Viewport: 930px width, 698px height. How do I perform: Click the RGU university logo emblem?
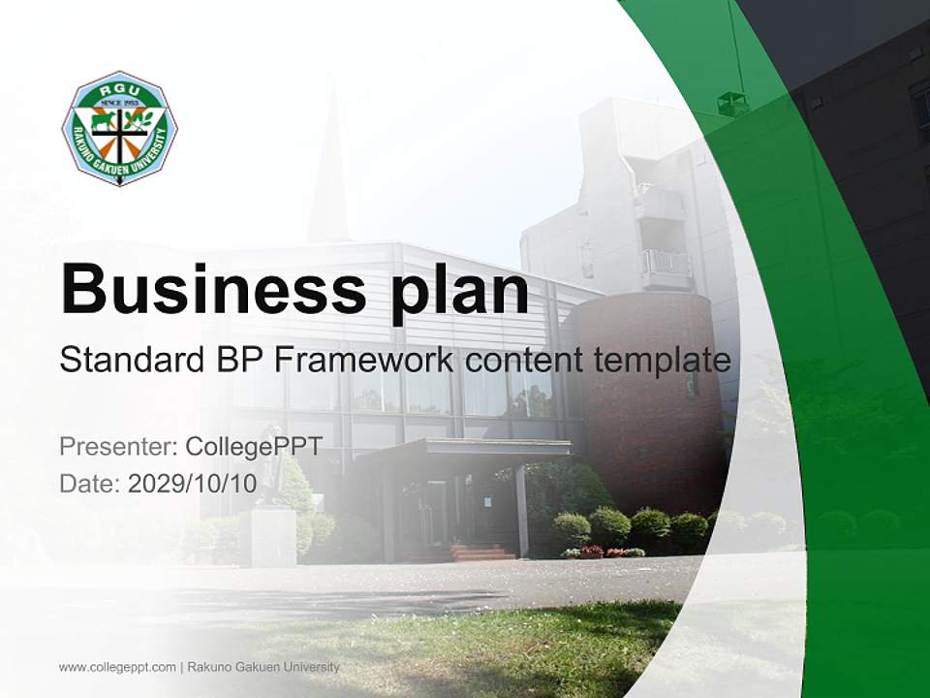(120, 128)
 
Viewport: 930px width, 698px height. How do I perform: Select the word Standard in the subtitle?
(132, 360)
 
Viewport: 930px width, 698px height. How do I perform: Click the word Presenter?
(118, 446)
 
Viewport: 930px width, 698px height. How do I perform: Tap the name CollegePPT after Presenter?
(254, 447)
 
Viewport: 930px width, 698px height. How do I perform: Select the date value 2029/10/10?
(192, 483)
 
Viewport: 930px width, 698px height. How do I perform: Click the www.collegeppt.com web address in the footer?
(117, 667)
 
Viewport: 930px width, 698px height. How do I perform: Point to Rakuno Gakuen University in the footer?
(263, 667)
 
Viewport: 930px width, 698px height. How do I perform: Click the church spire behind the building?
(329, 166)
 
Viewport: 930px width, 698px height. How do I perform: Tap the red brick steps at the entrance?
(481, 553)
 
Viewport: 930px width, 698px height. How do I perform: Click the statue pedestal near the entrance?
(272, 536)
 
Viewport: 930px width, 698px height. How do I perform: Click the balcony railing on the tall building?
(666, 263)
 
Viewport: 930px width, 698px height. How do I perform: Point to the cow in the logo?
(104, 121)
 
